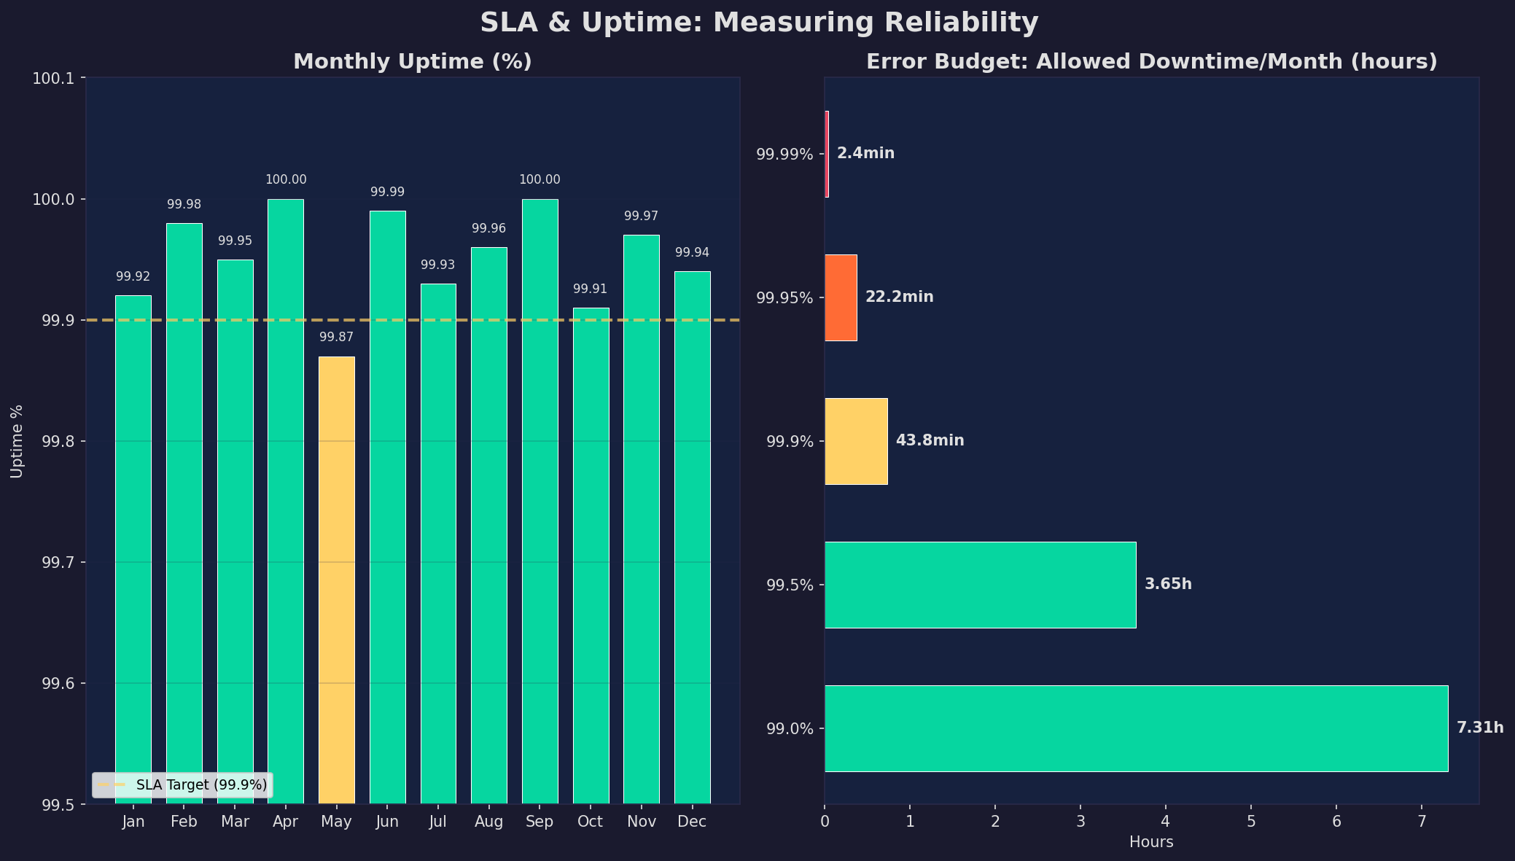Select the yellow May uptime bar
336,580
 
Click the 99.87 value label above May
336,338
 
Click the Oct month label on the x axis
590,822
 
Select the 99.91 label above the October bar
590,289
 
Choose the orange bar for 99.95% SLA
841,297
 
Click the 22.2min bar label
899,297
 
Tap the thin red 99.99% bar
827,154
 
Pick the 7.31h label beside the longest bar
1479,728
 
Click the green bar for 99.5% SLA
980,585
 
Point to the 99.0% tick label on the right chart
790,728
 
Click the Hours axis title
1151,843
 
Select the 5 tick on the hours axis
1251,822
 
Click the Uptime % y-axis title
17,441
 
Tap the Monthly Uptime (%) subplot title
413,62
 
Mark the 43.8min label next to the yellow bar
930,441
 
